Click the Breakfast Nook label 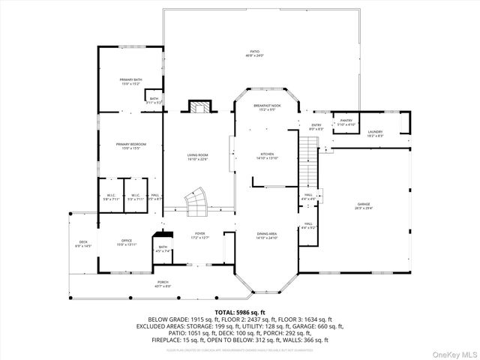point(267,107)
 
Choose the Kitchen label point(268,156)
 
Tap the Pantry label point(346,121)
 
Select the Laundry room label point(375,133)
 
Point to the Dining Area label point(268,235)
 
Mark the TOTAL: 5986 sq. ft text point(240,311)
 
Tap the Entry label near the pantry point(316,127)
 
